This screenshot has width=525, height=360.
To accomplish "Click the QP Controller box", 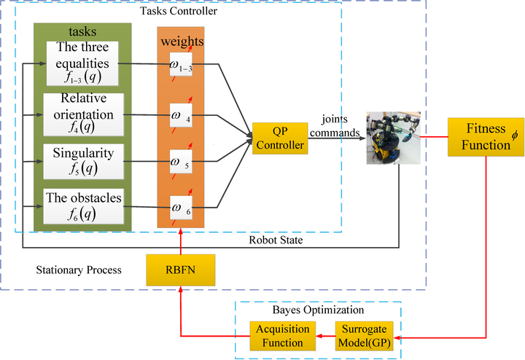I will tap(280, 137).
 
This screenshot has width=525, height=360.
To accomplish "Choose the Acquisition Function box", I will tap(281, 336).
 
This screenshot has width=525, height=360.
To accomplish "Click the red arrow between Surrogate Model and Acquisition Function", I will tap(324, 336).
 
